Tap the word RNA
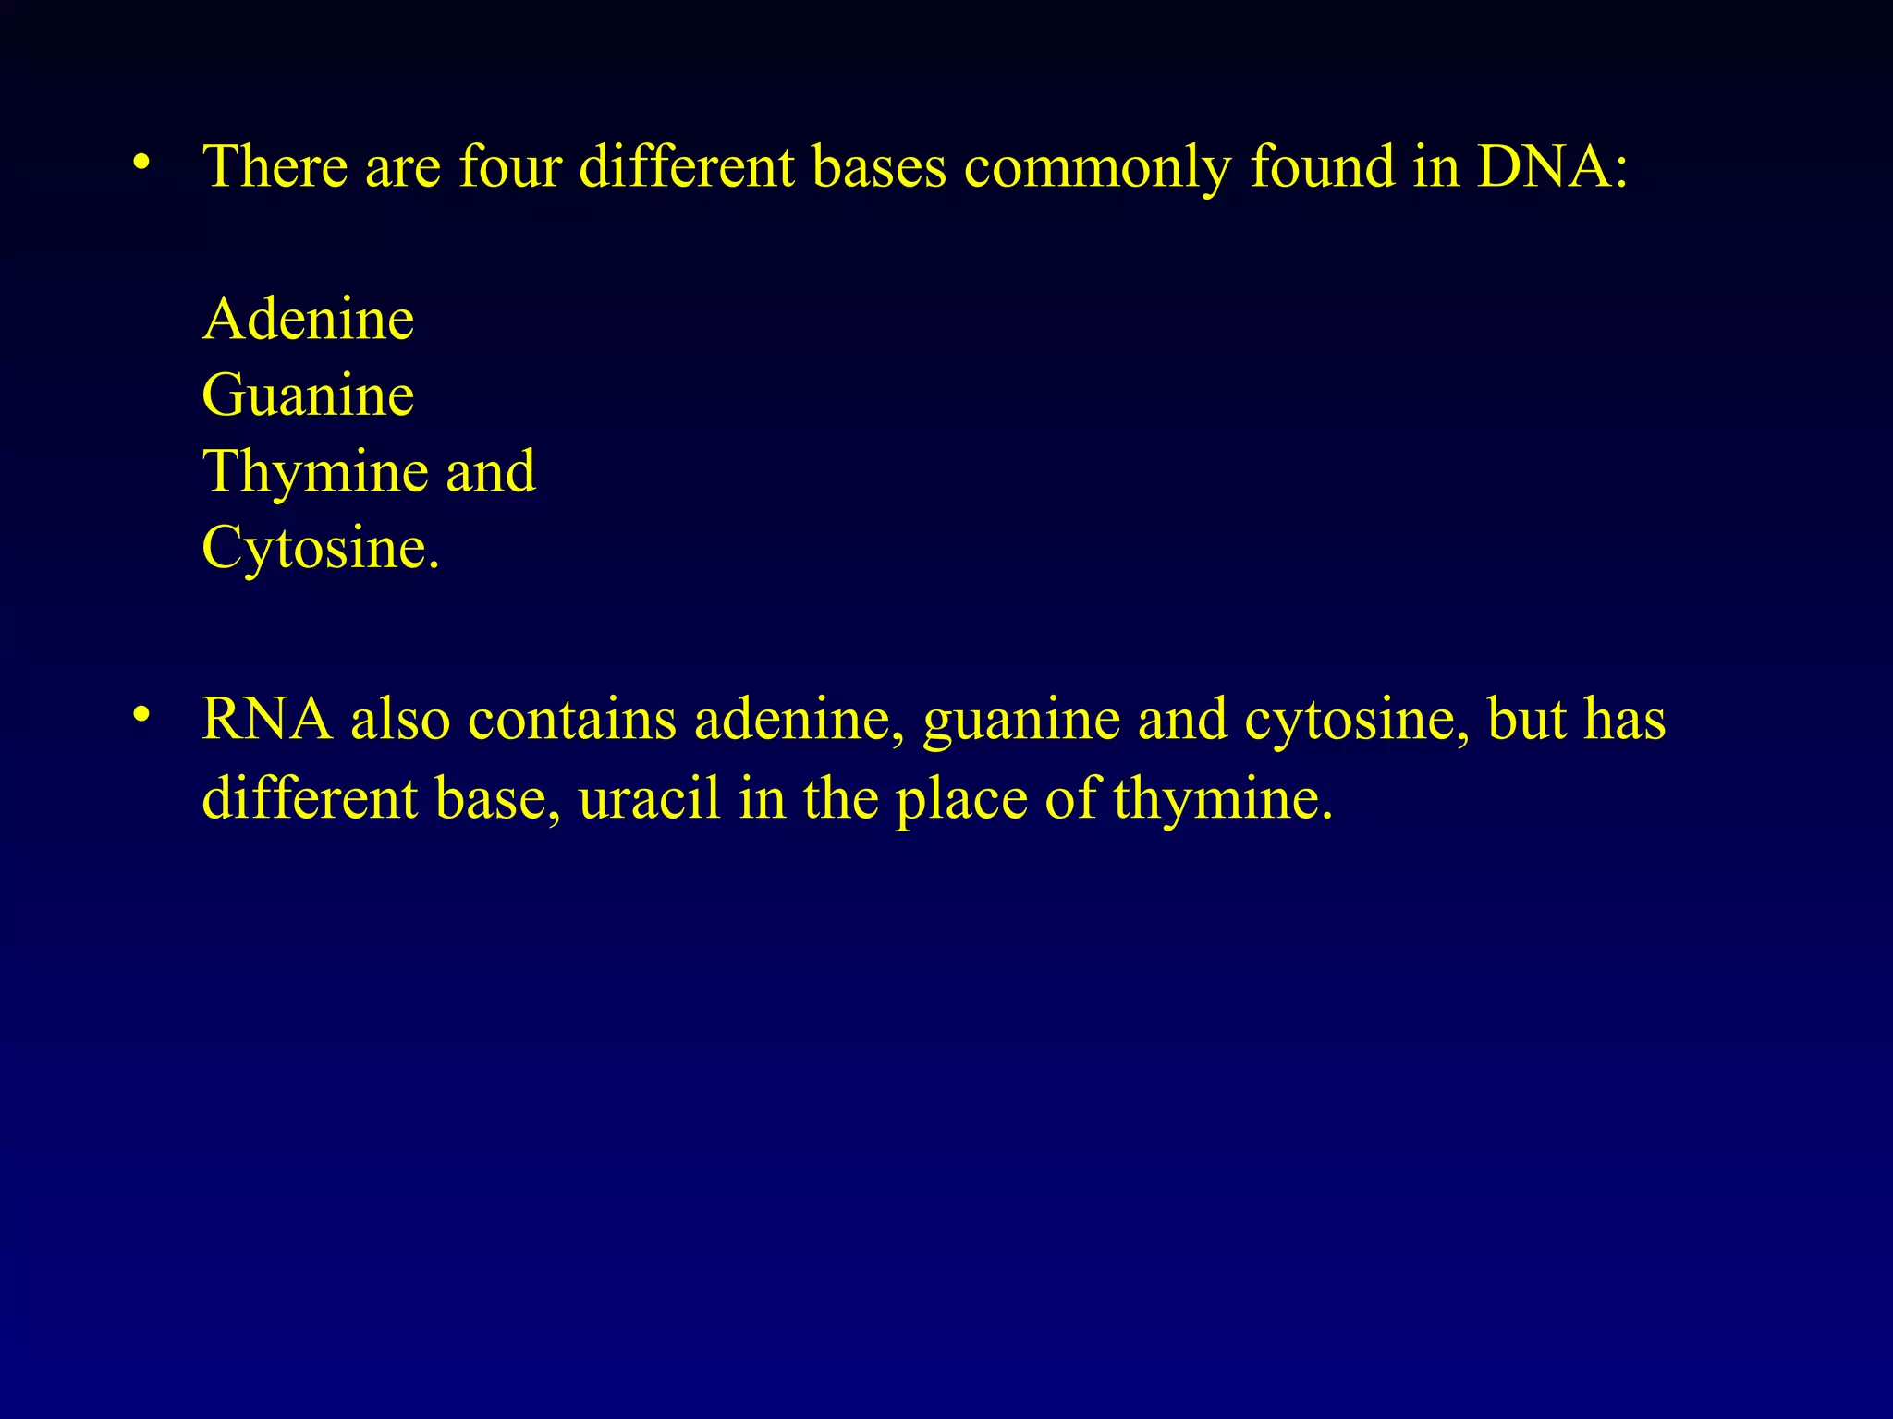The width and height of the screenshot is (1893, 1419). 266,719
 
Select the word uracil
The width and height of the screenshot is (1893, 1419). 649,798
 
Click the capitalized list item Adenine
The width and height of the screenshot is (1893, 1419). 308,320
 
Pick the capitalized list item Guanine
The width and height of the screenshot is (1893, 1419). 308,395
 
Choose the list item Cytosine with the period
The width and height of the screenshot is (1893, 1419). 320,548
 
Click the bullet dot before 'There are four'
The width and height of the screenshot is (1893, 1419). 140,164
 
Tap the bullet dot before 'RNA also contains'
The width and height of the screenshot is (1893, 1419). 140,714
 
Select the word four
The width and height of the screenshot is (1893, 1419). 510,167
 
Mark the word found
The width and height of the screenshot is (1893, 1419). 1322,167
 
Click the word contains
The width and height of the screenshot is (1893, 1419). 572,719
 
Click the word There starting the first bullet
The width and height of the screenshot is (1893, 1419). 275,167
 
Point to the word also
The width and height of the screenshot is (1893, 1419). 400,719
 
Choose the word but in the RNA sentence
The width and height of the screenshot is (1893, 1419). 1526,719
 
